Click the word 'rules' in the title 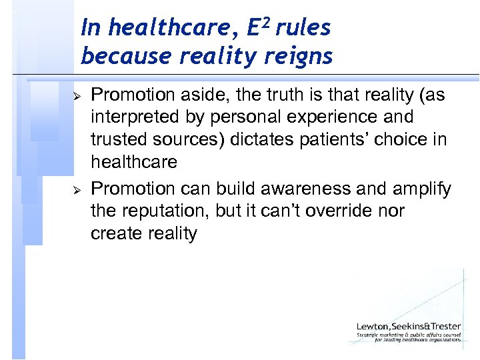(x=305, y=28)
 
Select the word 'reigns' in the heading (x=299, y=57)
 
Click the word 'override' (x=335, y=211)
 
